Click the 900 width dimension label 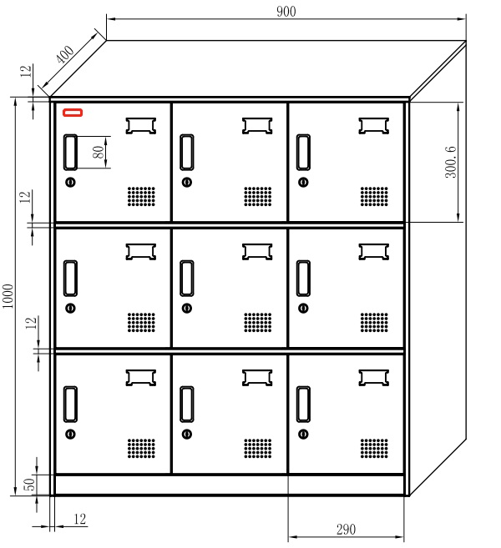[x=286, y=12]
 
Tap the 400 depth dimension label [x=65, y=54]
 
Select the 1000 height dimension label [x=8, y=296]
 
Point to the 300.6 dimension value [x=451, y=162]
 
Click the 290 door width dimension [x=346, y=529]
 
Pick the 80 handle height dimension [x=99, y=152]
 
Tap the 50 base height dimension [x=29, y=484]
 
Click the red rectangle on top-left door [x=73, y=113]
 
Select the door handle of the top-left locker [x=70, y=153]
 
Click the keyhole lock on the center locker [x=187, y=309]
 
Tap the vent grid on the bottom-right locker [x=374, y=449]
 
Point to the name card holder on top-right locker [x=373, y=126]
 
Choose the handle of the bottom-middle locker [x=187, y=405]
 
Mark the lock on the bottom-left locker [x=70, y=434]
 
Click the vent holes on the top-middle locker [x=257, y=196]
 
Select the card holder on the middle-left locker [x=140, y=252]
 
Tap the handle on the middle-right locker [x=303, y=279]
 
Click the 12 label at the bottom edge [x=80, y=519]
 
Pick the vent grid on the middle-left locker [x=141, y=322]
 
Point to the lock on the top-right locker [x=303, y=182]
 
